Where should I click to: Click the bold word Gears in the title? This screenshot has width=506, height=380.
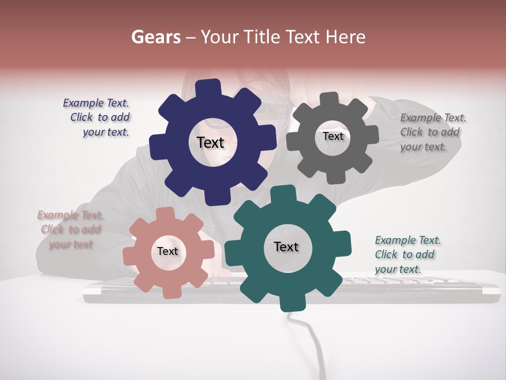(x=156, y=37)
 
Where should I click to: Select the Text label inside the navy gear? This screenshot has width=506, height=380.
(x=210, y=142)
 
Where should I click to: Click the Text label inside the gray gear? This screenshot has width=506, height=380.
(x=333, y=136)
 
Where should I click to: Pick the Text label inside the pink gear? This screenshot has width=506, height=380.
(x=168, y=252)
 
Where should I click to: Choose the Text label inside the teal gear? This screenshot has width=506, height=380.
(x=286, y=247)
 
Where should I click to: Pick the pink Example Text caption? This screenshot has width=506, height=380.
(x=70, y=230)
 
